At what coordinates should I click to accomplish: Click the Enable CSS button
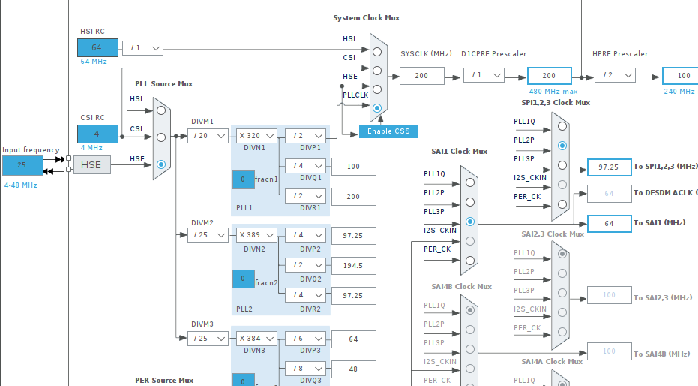click(388, 131)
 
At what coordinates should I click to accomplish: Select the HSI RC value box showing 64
click(97, 47)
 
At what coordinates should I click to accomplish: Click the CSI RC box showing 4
click(97, 134)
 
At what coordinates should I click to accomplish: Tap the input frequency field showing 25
click(22, 165)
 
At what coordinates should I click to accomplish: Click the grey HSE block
click(91, 165)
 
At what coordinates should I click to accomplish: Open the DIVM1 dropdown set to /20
click(208, 136)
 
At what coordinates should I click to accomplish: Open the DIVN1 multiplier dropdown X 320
click(257, 136)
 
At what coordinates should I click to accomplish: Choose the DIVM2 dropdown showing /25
click(208, 235)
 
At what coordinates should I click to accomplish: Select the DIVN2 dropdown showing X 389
click(257, 235)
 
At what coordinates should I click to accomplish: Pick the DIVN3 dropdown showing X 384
click(257, 339)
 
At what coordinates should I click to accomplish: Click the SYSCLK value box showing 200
click(421, 75)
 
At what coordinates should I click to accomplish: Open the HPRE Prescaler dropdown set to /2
click(615, 75)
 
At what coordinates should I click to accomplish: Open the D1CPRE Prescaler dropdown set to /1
click(484, 75)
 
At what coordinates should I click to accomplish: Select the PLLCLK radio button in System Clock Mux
click(377, 108)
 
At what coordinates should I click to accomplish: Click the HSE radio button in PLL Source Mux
click(161, 164)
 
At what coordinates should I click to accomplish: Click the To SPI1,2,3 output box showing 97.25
click(610, 167)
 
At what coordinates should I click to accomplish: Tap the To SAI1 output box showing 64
click(610, 223)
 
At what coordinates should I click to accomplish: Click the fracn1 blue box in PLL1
click(243, 179)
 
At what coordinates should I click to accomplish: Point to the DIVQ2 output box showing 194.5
click(353, 265)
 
